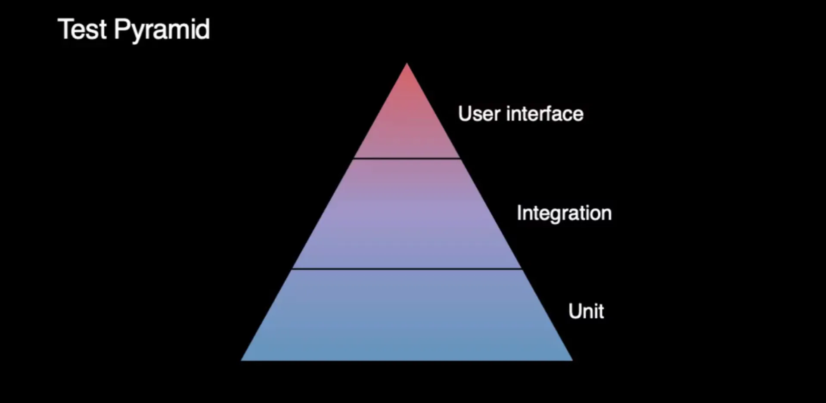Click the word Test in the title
(x=82, y=29)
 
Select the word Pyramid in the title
(x=161, y=30)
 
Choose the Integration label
(x=564, y=213)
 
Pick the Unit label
(x=586, y=311)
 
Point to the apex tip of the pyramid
(x=407, y=65)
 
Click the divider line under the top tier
(x=407, y=158)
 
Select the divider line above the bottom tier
(x=407, y=269)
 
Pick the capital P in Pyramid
(x=121, y=29)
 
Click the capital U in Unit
(x=575, y=311)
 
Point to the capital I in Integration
(x=519, y=213)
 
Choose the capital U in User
(x=465, y=114)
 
